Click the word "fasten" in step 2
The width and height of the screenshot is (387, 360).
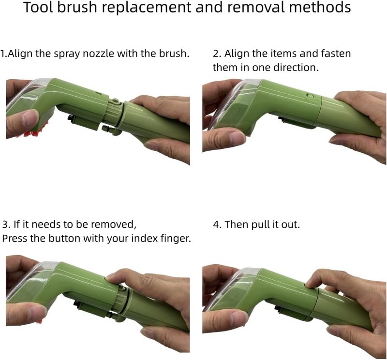click(x=336, y=54)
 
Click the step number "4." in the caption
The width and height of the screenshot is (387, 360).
click(x=217, y=225)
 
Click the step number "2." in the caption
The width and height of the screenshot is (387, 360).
click(x=217, y=54)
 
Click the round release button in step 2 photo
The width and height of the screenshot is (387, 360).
click(x=310, y=96)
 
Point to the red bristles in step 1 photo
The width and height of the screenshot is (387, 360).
click(x=31, y=134)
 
